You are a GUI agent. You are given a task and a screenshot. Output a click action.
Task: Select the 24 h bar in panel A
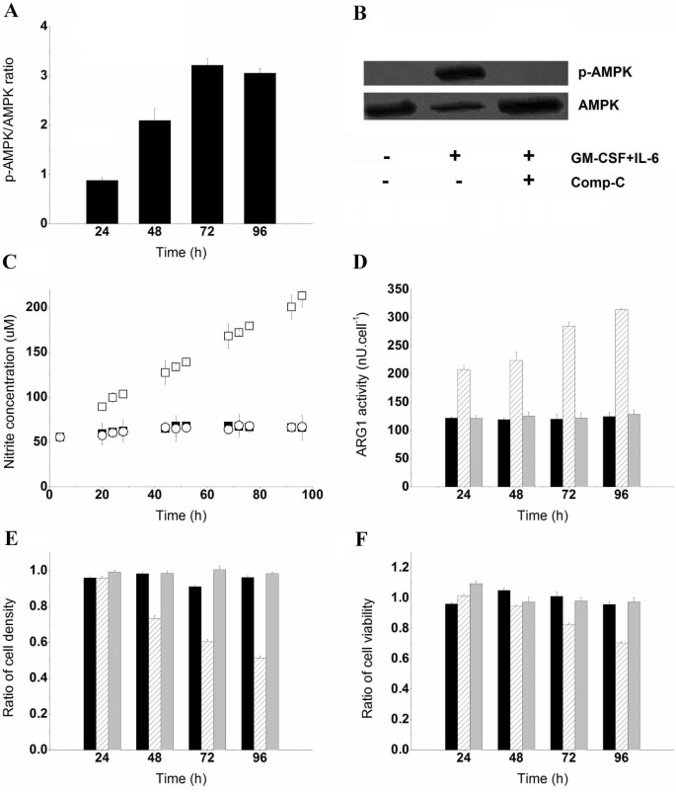103,201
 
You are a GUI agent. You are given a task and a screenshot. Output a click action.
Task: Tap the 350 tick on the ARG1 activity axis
388,288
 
